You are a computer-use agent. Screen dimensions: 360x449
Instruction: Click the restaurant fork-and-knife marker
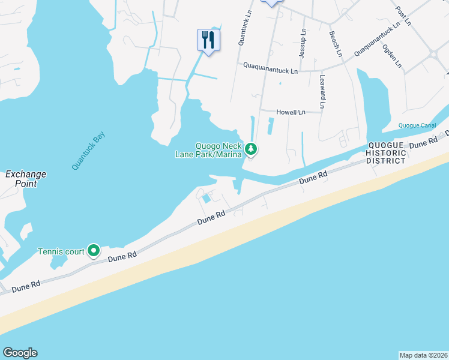pyautogui.click(x=208, y=40)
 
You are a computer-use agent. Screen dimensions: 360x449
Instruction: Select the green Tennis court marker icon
pyautogui.click(x=93, y=250)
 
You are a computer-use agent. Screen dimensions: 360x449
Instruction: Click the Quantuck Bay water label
pyautogui.click(x=88, y=151)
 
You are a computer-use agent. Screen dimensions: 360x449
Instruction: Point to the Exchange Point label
pyautogui.click(x=26, y=179)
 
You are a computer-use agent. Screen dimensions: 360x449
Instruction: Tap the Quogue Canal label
pyautogui.click(x=417, y=125)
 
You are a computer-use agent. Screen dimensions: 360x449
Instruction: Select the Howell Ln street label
pyautogui.click(x=291, y=112)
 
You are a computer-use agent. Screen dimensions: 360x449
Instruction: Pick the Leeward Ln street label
pyautogui.click(x=322, y=91)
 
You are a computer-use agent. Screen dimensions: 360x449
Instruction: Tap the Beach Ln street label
pyautogui.click(x=335, y=44)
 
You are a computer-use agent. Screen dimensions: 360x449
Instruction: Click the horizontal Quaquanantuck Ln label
pyautogui.click(x=270, y=71)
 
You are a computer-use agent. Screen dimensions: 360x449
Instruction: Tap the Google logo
pyautogui.click(x=20, y=353)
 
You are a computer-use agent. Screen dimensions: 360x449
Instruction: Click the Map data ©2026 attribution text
pyautogui.click(x=424, y=355)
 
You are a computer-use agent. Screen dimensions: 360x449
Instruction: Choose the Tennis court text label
pyautogui.click(x=61, y=251)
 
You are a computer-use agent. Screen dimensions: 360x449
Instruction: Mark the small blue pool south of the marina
pyautogui.click(x=206, y=198)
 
